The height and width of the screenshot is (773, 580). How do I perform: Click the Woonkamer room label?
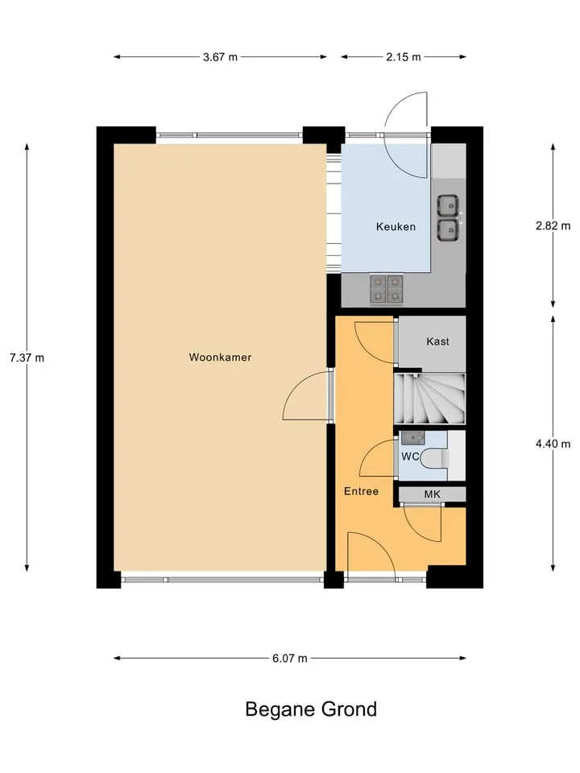(x=220, y=357)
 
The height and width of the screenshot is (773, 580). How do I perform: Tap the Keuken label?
(x=396, y=227)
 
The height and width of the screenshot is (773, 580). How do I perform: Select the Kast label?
(x=437, y=341)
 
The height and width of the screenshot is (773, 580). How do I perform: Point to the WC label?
(x=410, y=457)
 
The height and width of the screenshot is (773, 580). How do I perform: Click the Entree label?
(x=361, y=491)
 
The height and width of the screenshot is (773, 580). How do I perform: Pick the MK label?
(x=432, y=494)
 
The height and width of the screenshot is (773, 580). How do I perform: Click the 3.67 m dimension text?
(x=220, y=57)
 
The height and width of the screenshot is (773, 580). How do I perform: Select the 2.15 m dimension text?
(x=404, y=57)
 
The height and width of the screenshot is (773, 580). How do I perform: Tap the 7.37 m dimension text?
(x=27, y=358)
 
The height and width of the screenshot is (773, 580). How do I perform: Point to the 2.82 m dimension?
(x=553, y=225)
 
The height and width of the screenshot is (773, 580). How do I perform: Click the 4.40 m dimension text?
(x=553, y=444)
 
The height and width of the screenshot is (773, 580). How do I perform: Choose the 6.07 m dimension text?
(x=289, y=658)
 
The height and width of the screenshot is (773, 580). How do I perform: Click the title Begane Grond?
(x=311, y=709)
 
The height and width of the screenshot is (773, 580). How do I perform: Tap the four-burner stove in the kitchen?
(x=386, y=289)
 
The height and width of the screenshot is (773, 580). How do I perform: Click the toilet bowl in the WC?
(x=436, y=458)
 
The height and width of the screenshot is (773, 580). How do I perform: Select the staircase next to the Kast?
(x=429, y=399)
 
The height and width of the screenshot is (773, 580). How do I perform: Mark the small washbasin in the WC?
(x=412, y=437)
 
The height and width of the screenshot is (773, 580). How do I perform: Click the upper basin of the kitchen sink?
(x=448, y=205)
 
